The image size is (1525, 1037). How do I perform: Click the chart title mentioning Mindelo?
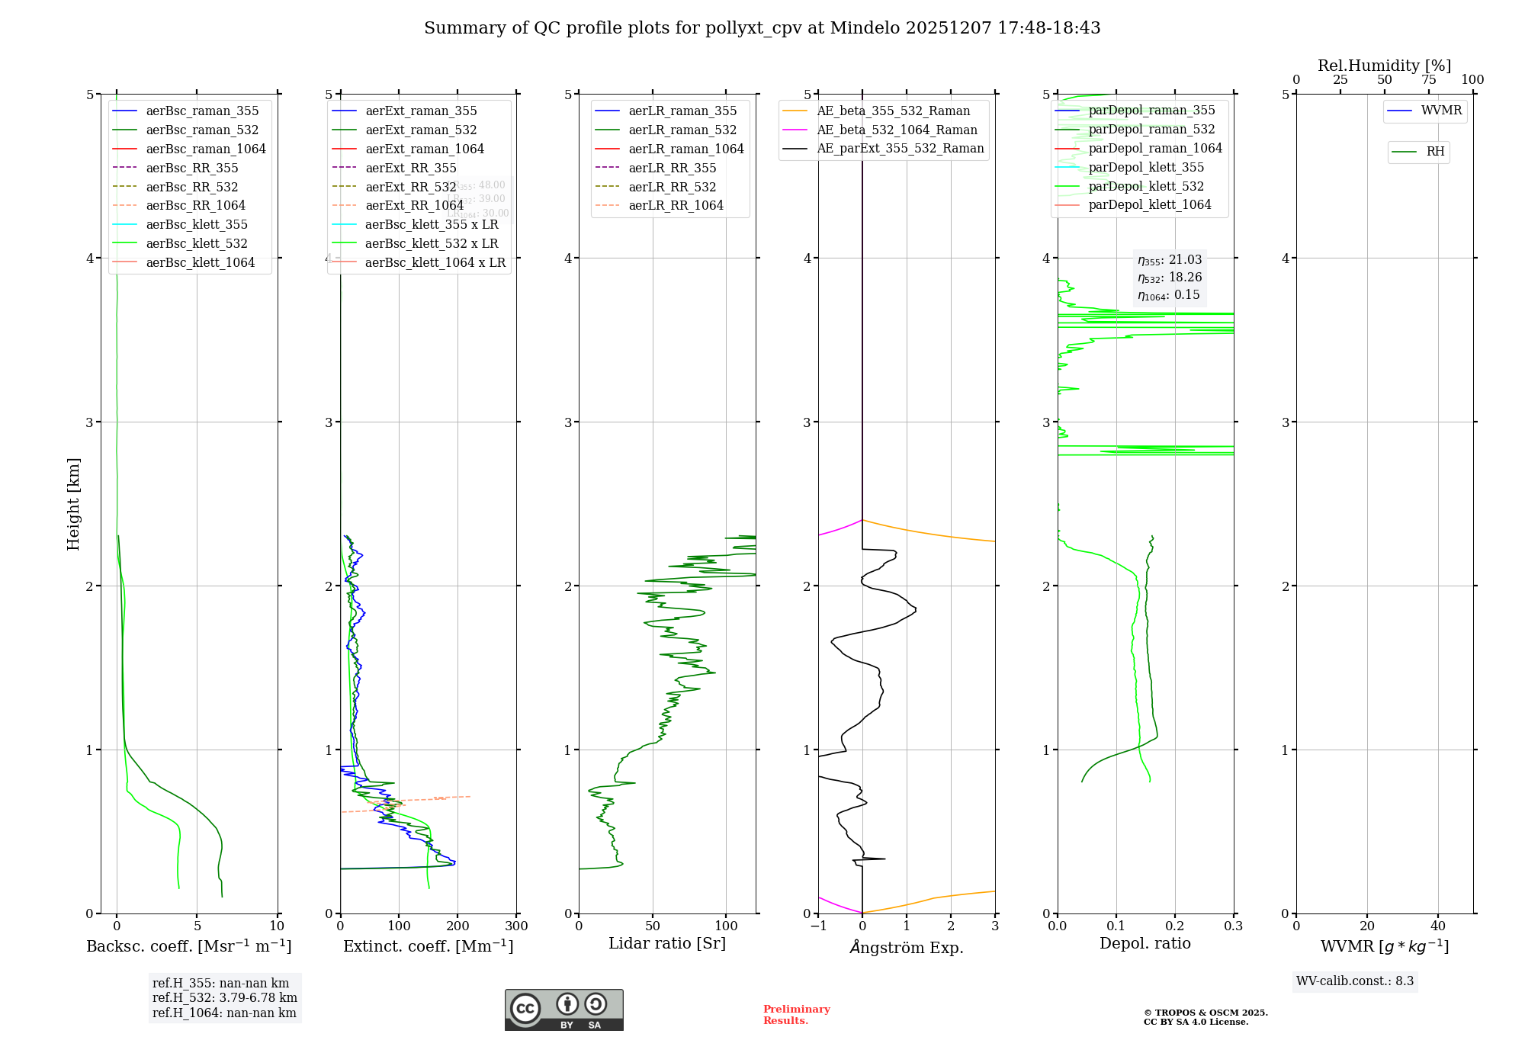click(762, 28)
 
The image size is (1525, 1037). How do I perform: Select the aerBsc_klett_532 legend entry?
click(196, 244)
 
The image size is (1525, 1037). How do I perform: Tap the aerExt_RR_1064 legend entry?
click(414, 206)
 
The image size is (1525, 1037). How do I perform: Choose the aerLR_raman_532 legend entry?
click(682, 130)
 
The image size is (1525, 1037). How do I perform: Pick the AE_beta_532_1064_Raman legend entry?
click(897, 130)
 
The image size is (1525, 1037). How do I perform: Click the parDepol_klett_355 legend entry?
click(1146, 168)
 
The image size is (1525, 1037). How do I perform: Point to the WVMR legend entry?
click(1440, 111)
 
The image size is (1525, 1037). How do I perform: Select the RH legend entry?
click(1434, 152)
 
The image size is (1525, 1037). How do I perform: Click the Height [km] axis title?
click(73, 504)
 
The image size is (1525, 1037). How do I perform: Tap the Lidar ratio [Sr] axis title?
click(667, 944)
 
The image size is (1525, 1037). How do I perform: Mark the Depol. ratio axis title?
click(1145, 944)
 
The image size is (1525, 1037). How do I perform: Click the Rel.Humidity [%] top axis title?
click(1384, 66)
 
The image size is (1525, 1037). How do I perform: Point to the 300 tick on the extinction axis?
click(516, 926)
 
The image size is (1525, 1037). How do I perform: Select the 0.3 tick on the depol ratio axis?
click(1233, 926)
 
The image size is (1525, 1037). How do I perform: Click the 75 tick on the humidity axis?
click(1428, 80)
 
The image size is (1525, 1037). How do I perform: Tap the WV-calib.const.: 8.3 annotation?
click(1354, 981)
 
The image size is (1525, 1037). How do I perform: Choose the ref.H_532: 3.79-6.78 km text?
click(224, 998)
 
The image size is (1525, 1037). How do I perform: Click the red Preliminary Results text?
click(796, 1015)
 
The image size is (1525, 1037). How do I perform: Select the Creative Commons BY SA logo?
click(563, 1010)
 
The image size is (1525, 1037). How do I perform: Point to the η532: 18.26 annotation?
click(1169, 278)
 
